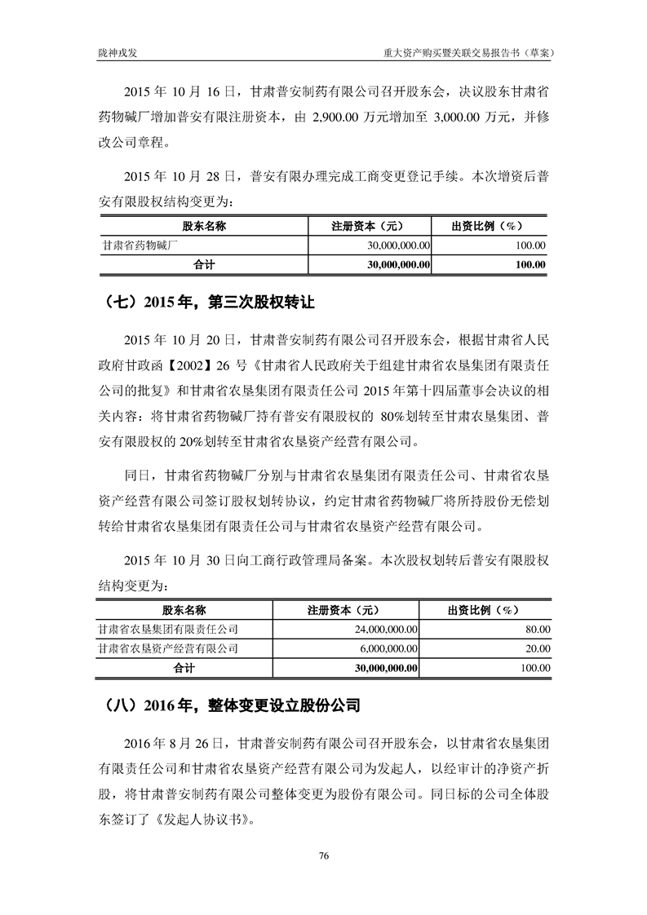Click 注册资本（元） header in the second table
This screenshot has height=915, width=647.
[343, 610]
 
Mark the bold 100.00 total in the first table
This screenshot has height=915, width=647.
[531, 264]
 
